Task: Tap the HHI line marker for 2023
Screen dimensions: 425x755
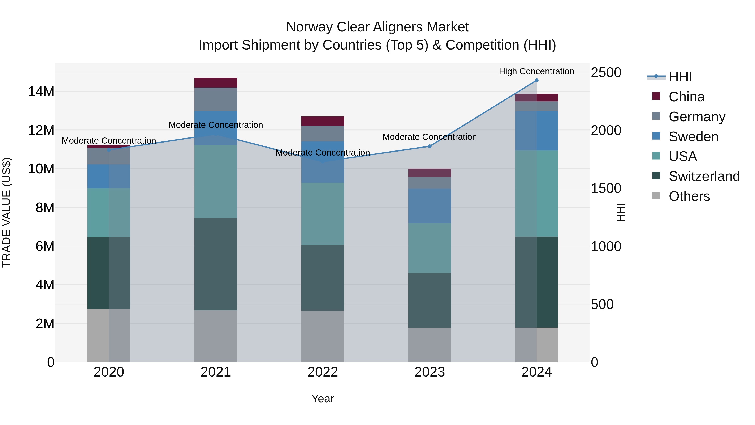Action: (430, 146)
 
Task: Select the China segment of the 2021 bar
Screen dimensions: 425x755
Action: (216, 83)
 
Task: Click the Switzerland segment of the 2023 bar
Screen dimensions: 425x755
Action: (430, 300)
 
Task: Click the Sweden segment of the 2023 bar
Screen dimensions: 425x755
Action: (430, 206)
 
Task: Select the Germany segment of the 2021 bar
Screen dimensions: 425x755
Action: (216, 99)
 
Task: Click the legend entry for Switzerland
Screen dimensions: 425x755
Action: (704, 176)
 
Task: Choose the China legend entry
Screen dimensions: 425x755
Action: (686, 97)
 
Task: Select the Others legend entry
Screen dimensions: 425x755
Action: (689, 196)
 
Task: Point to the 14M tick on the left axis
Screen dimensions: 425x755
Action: (41, 92)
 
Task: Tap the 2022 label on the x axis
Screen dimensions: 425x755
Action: (323, 372)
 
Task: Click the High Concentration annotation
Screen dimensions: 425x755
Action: (536, 71)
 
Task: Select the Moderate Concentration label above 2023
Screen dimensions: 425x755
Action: (430, 137)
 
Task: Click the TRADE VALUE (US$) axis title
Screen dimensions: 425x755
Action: (7, 212)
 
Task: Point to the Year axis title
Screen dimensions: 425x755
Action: (323, 399)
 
